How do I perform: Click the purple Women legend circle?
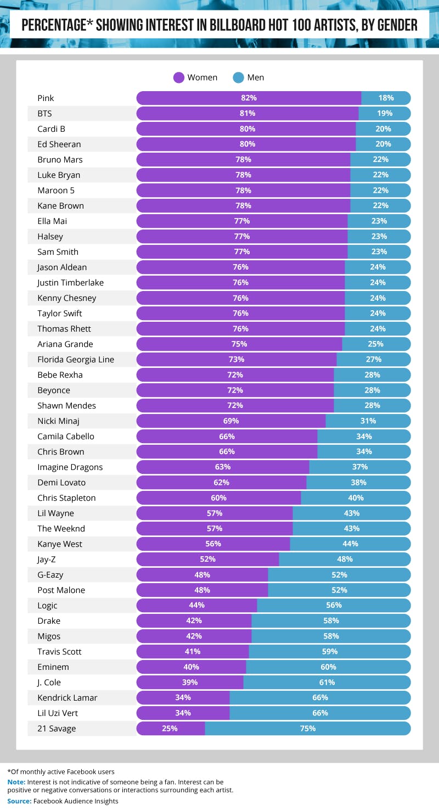179,77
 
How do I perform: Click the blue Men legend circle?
239,77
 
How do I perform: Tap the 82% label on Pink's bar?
249,98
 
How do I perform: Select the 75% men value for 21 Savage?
307,729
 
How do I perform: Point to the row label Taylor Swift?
60,314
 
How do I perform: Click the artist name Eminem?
53,667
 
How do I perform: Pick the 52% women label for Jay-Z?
207,560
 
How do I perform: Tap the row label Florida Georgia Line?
76,360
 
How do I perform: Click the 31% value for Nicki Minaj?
368,421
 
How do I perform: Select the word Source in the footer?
19,801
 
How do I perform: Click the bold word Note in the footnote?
16,781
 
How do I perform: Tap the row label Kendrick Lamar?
67,698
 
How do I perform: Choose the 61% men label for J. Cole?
327,683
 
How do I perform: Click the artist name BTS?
44,114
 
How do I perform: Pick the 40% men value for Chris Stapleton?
356,498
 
